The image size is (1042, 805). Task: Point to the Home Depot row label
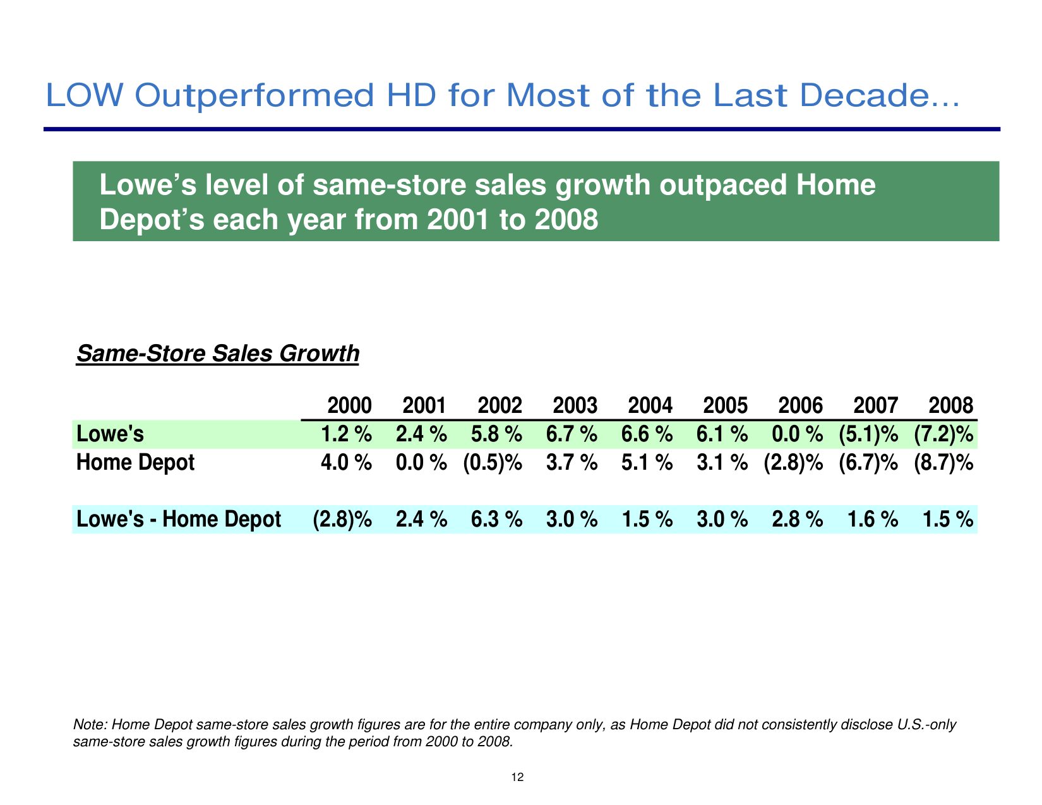click(135, 463)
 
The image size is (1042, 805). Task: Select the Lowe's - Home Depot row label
click(178, 519)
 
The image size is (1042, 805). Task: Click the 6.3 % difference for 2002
click(496, 519)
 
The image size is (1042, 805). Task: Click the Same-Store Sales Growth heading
click(217, 354)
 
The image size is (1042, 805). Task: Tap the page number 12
click(518, 777)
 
